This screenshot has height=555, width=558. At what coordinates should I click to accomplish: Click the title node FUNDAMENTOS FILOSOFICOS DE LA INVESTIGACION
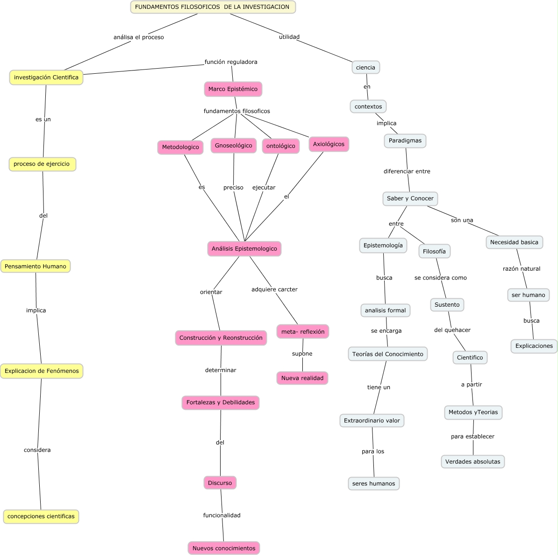[x=213, y=7]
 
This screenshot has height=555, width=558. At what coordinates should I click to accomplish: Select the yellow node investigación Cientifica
[x=46, y=77]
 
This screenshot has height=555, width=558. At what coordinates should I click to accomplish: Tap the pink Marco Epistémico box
[x=233, y=89]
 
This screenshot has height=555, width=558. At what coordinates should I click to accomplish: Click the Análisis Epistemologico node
[x=244, y=249]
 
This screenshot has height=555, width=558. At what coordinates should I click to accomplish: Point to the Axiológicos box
[x=329, y=144]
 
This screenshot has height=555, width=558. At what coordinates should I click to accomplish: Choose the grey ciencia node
[x=365, y=68]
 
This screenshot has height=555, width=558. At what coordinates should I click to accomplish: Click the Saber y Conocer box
[x=410, y=198]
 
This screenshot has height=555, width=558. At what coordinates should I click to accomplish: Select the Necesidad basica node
[x=514, y=242]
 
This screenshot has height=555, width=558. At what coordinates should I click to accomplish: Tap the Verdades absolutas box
[x=472, y=462]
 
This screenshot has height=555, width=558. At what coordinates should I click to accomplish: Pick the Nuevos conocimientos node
[x=224, y=548]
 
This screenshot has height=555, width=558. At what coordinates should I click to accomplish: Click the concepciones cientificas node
[x=41, y=516]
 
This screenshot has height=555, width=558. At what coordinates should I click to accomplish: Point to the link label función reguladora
[x=231, y=62]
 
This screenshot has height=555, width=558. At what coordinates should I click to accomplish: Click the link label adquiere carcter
[x=274, y=289]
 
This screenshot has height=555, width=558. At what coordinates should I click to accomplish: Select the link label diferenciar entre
[x=407, y=171]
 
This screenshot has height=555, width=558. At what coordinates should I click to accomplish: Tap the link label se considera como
[x=440, y=278]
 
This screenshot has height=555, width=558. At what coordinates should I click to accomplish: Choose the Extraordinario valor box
[x=372, y=421]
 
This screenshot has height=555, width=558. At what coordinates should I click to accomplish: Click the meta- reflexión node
[x=303, y=332]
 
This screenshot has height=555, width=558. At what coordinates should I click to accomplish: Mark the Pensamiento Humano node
[x=36, y=267]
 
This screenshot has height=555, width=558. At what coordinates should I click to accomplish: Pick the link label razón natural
[x=521, y=269]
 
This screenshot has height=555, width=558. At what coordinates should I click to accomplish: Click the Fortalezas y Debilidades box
[x=221, y=402]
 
